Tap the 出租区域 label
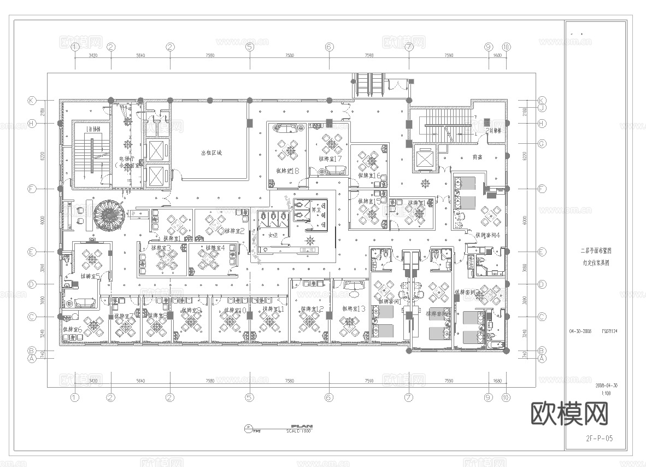tap(211, 153)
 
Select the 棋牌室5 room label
tap(90, 276)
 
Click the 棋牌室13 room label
tap(354, 309)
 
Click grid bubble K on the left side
tap(32, 101)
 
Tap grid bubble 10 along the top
tap(506, 47)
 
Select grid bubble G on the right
tap(542, 144)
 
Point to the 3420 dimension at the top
tap(93, 55)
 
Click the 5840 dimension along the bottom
tap(140, 381)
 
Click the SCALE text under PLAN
tap(298, 431)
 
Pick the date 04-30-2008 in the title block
tap(580, 331)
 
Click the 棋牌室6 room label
tap(72, 329)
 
